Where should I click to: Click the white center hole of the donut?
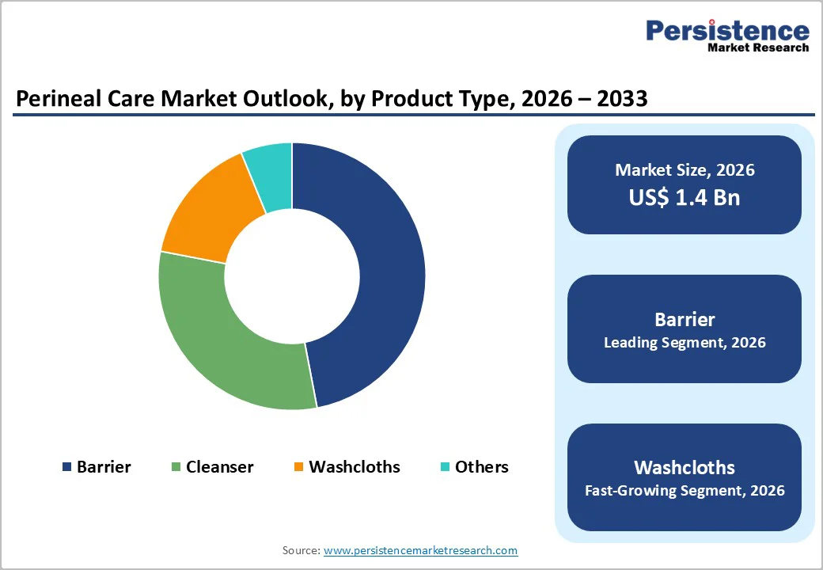pos(292,276)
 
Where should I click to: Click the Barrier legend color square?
pos(66,467)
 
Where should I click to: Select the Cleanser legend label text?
pos(219,467)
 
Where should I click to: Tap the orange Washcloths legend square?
pos(298,467)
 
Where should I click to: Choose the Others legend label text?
pos(481,467)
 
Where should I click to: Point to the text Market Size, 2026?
pos(684,170)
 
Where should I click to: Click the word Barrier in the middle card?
pos(684,319)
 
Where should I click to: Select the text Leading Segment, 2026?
pos(684,343)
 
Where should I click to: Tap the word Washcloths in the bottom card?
pos(684,467)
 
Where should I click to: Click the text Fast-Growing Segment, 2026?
pos(684,491)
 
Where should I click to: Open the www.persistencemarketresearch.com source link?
pos(420,550)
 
